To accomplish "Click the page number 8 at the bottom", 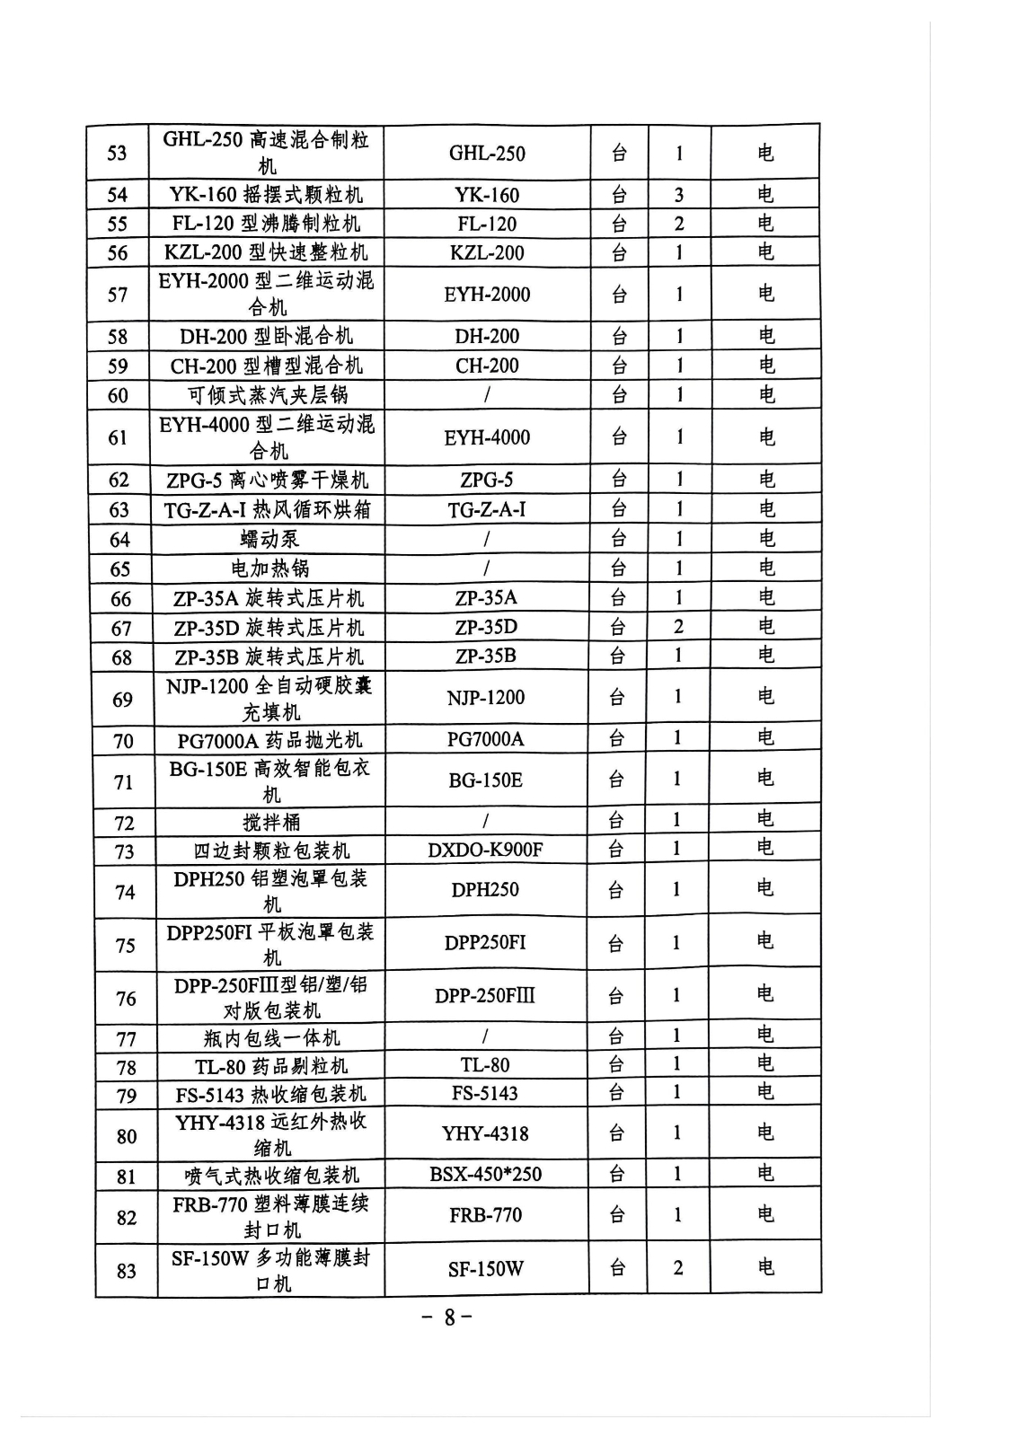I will (x=448, y=1318).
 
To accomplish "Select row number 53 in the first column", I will (x=117, y=153).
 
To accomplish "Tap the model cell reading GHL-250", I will (x=487, y=153).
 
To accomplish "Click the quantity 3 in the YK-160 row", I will (x=679, y=195).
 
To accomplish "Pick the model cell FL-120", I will (x=487, y=224).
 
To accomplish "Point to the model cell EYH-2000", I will (x=487, y=294).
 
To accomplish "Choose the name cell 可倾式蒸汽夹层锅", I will (x=268, y=395).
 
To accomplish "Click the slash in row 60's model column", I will (x=487, y=395).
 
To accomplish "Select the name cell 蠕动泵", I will (x=269, y=539).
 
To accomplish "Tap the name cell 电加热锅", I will (x=269, y=569).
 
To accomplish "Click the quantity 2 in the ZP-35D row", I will (x=678, y=627).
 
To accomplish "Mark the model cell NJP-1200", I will (x=486, y=697).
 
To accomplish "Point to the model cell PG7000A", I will (x=485, y=739).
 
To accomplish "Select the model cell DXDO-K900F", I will (x=485, y=850).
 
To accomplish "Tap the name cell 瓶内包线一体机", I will (x=271, y=1038).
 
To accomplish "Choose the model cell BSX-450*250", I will (x=485, y=1174).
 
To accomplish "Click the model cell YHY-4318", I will (x=485, y=1133).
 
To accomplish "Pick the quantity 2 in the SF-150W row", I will (x=678, y=1267).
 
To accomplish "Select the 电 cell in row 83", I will (x=765, y=1267).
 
